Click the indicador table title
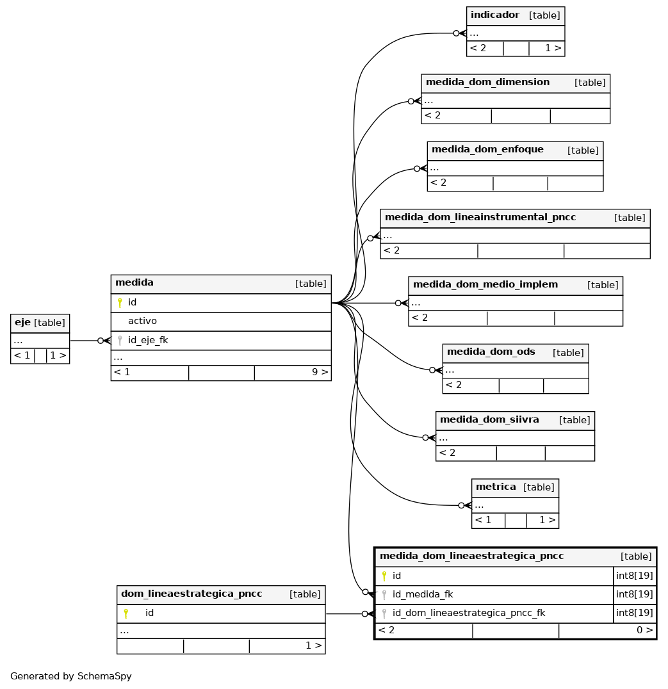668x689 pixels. tap(495, 15)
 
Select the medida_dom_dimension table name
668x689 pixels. tap(487, 82)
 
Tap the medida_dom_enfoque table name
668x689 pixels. tap(487, 149)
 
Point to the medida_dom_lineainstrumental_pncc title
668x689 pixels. tap(480, 217)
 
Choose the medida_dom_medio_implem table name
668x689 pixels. tap(485, 284)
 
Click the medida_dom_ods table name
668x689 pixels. tap(491, 352)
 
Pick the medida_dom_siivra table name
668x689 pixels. tap(489, 419)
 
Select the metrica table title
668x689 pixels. tap(496, 487)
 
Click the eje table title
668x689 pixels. tap(22, 323)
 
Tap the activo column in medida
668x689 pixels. tap(142, 321)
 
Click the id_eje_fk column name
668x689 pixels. tap(148, 340)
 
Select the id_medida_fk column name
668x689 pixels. tap(423, 594)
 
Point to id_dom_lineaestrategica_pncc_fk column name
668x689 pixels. tap(469, 613)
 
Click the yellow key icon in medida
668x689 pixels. tap(120, 302)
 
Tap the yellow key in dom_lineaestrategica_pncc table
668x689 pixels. tap(126, 613)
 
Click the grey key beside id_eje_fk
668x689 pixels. tap(120, 340)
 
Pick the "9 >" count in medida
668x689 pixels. tap(320, 372)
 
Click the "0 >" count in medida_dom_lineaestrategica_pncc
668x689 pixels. tap(645, 630)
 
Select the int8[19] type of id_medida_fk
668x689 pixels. tap(634, 594)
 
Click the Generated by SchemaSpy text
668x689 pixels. tap(70, 676)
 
